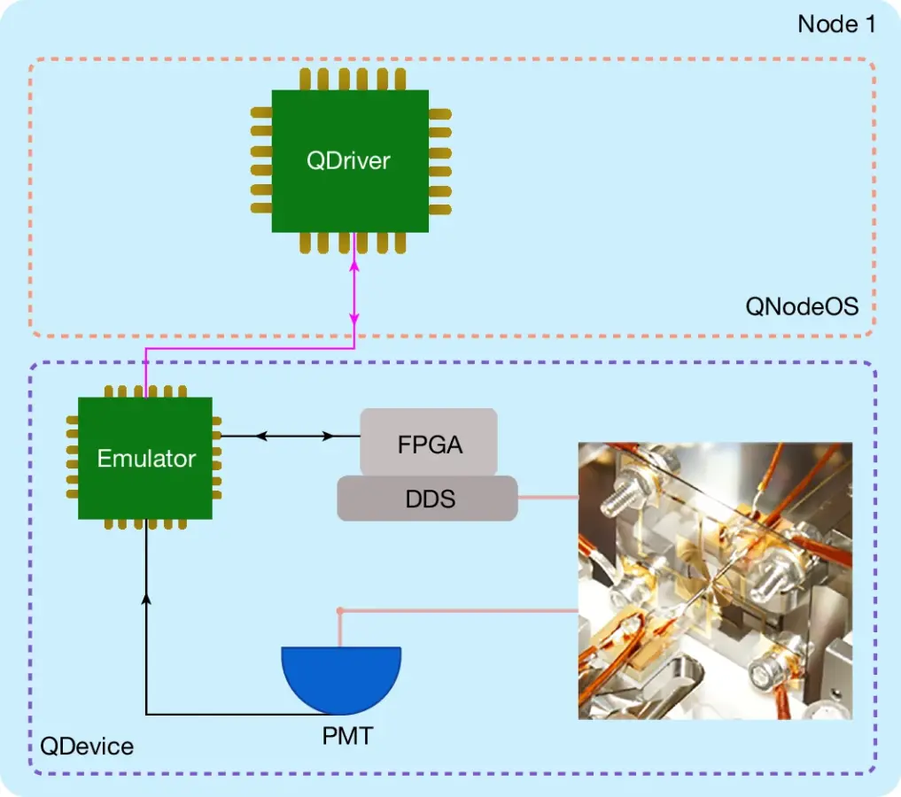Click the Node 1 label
tap(835, 24)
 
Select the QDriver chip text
tap(348, 161)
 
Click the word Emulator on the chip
tap(146, 459)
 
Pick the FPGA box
tap(429, 443)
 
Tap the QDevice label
tap(87, 747)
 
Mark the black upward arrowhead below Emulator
tap(146, 600)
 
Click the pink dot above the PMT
tap(340, 611)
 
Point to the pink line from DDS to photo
tap(548, 498)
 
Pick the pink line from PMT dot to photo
tap(461, 611)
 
